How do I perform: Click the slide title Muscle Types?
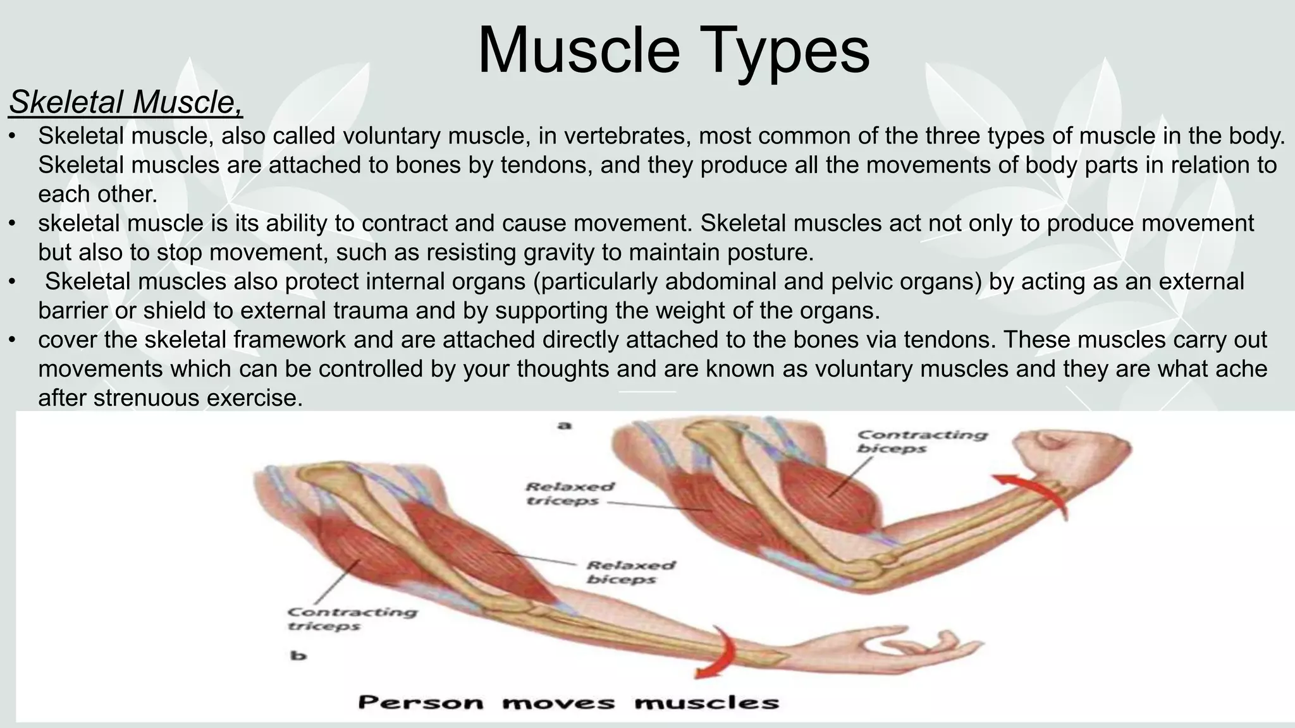click(x=673, y=51)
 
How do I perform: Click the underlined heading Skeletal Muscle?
click(x=125, y=102)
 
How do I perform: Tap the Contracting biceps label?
click(x=922, y=442)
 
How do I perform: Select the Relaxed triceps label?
click(x=569, y=494)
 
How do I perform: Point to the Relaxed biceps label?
click(x=630, y=572)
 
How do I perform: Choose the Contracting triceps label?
click(x=352, y=619)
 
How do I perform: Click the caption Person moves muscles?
click(x=568, y=702)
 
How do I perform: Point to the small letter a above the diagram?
click(x=564, y=425)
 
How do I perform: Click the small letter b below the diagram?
click(x=298, y=655)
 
